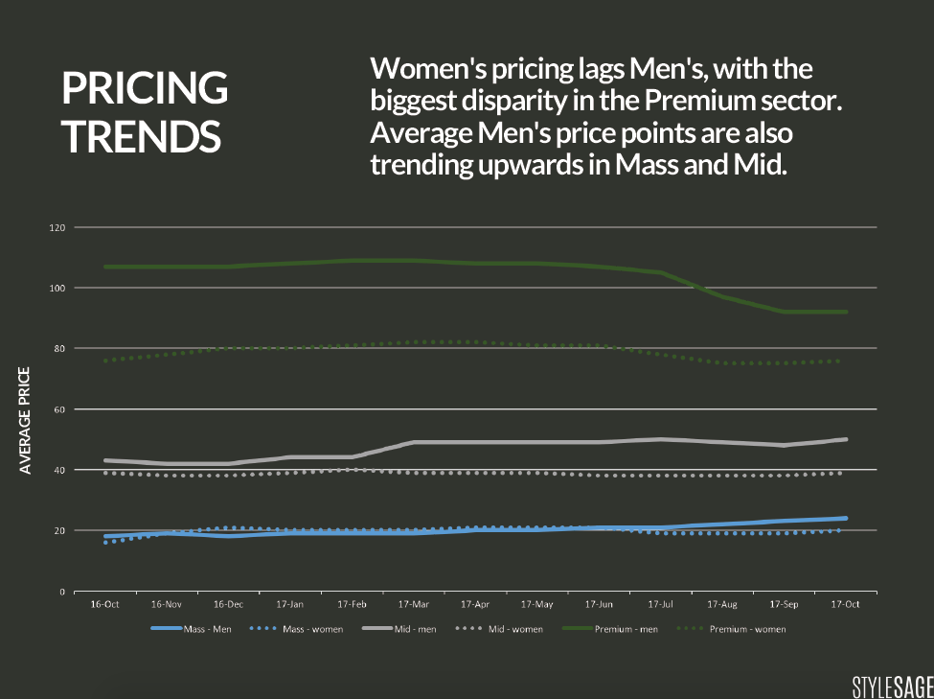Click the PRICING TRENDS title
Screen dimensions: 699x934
click(x=145, y=112)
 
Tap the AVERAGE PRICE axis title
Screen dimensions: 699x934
click(x=26, y=420)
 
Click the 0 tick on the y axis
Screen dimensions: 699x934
click(x=61, y=592)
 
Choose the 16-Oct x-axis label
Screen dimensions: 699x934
click(x=104, y=605)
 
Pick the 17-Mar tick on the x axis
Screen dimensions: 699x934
click(x=414, y=605)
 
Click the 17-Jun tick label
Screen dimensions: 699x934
click(x=599, y=605)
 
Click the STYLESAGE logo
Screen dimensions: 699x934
click(x=891, y=687)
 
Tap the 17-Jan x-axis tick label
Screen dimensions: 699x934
click(x=289, y=605)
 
